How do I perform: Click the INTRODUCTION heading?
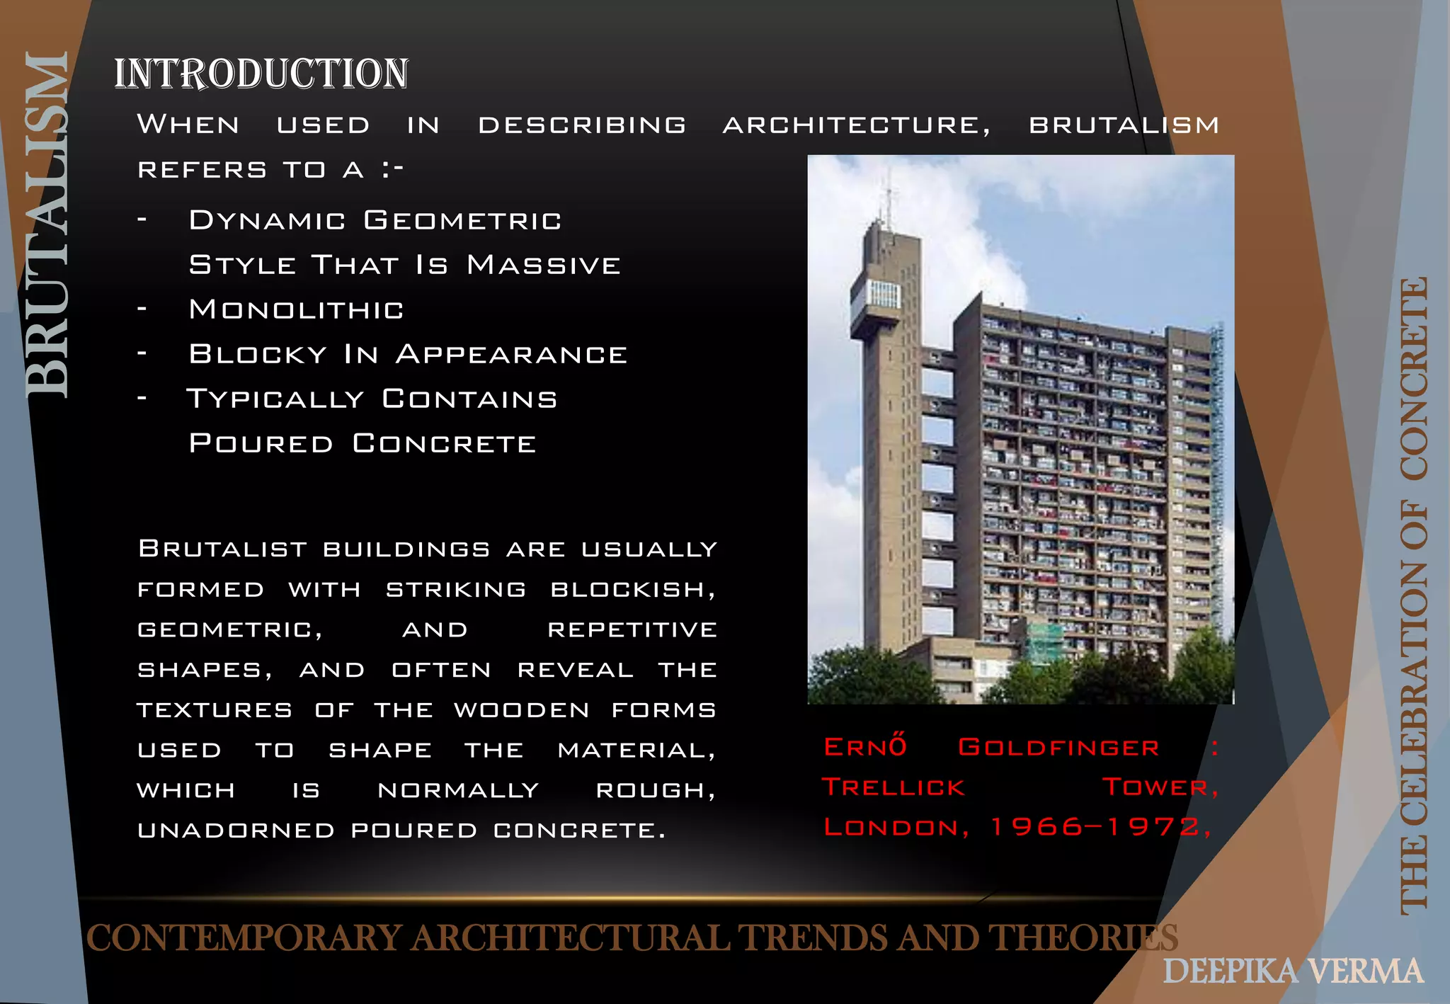[x=261, y=74]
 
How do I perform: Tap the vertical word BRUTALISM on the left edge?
[x=47, y=225]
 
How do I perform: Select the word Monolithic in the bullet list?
[x=296, y=309]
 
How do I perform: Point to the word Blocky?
[x=258, y=354]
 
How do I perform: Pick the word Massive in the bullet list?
[x=544, y=265]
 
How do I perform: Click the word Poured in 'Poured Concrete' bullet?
[x=261, y=443]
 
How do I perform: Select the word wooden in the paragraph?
[x=522, y=710]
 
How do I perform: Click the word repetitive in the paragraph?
[x=632, y=629]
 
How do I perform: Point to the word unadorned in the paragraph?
[x=236, y=830]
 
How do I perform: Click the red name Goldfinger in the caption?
[x=1058, y=748]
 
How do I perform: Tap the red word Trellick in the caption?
[x=894, y=787]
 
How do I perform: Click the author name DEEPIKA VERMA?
[x=1293, y=971]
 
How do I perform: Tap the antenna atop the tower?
[x=888, y=198]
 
